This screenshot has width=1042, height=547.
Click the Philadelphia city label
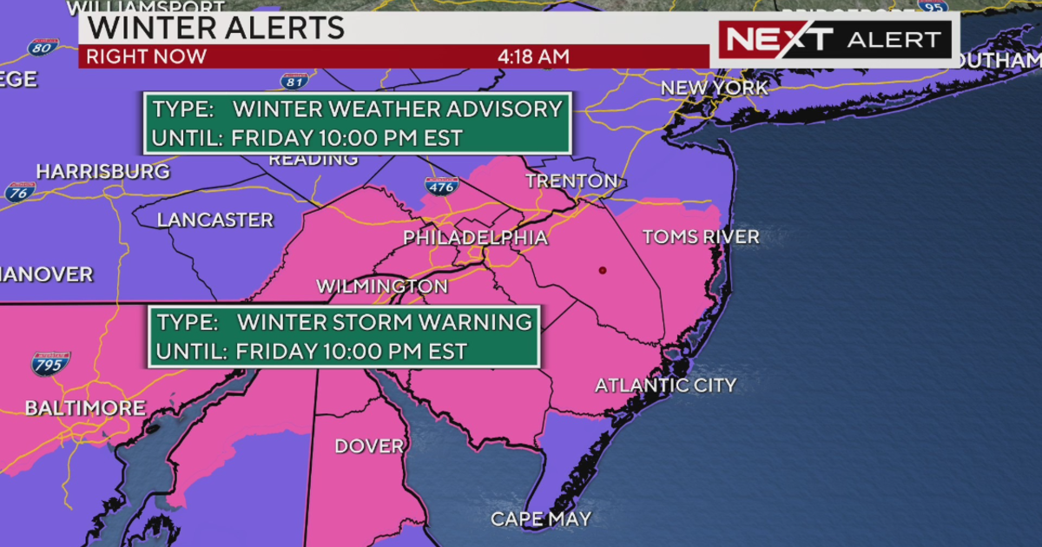(x=475, y=238)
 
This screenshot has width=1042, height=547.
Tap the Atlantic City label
(x=665, y=386)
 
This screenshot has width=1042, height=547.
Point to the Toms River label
(x=700, y=237)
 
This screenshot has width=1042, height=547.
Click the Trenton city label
(x=571, y=181)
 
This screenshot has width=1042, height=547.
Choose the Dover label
(x=369, y=446)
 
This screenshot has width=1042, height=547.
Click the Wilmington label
(x=382, y=287)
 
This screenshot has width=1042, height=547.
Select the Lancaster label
(x=215, y=221)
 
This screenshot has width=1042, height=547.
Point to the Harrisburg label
(x=102, y=172)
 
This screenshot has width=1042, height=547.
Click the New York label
(x=714, y=89)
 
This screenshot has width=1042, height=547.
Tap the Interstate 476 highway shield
(x=442, y=184)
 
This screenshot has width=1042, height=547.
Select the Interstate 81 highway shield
(x=294, y=82)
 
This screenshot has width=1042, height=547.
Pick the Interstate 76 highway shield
(x=19, y=192)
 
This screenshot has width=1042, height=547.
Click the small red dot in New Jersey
(x=602, y=271)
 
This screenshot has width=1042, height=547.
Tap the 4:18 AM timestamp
(x=533, y=56)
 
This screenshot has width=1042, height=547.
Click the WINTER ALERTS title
(x=216, y=27)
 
